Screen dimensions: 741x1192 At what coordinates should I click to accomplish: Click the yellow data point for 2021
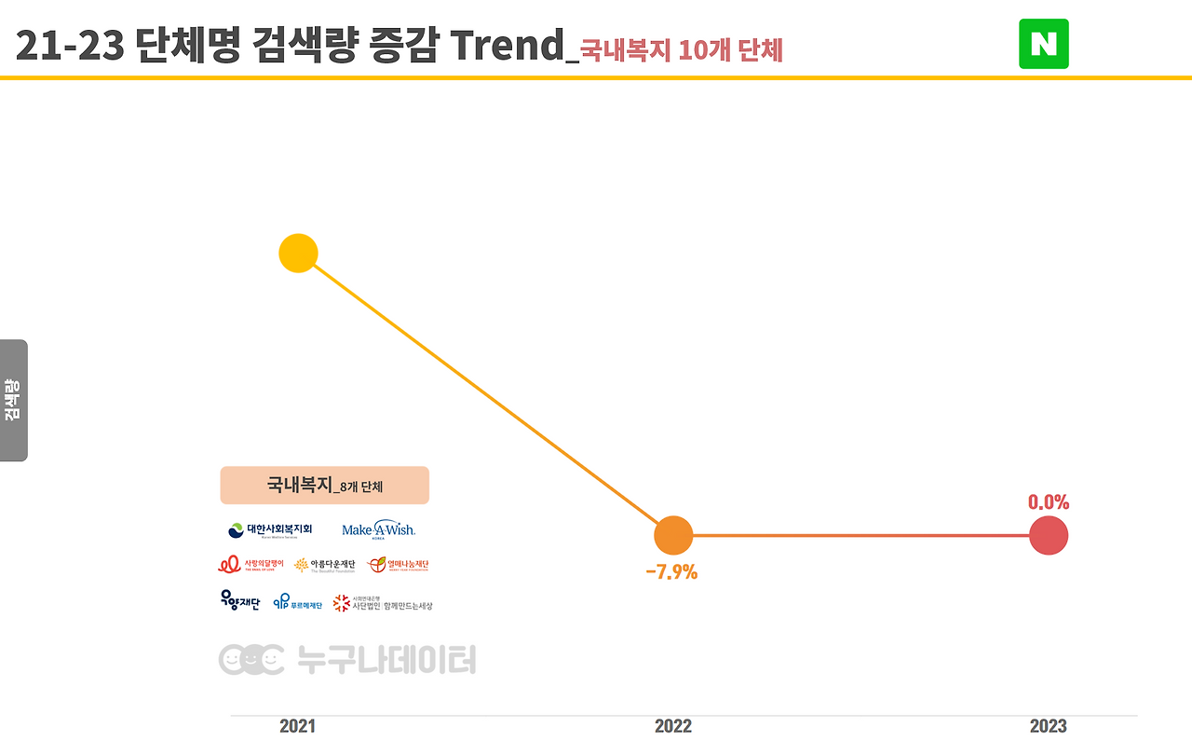coord(299,254)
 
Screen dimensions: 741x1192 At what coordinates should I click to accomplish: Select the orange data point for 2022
coord(673,536)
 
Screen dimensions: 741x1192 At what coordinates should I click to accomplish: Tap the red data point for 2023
coord(1049,536)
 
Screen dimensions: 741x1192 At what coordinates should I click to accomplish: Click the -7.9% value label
coord(671,572)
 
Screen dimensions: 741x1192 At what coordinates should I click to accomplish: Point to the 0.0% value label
coord(1049,502)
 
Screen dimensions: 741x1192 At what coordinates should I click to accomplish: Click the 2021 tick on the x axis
coord(297,726)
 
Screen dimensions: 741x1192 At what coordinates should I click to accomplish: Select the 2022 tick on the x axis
coord(673,726)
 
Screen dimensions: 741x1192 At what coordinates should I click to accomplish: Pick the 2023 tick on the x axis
coord(1049,726)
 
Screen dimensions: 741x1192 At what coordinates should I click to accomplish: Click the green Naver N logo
coord(1044,44)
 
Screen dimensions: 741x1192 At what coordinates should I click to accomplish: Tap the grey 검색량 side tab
coord(13,400)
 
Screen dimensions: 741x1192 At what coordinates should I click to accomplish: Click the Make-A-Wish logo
coord(378,529)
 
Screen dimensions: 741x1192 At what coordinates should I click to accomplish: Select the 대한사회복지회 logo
coord(270,529)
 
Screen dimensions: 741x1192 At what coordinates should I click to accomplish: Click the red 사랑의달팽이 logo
coord(251,565)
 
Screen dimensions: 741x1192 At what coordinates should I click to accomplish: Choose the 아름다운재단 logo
coord(325,565)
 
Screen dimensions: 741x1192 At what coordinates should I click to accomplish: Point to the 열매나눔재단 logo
coord(399,565)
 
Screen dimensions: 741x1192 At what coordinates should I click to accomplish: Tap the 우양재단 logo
coord(240,601)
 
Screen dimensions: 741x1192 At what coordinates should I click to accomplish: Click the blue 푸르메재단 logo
coord(297,603)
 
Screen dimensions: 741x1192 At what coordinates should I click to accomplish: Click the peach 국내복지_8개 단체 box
coord(324,486)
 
